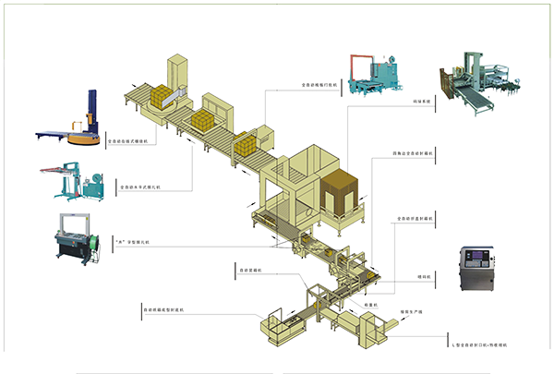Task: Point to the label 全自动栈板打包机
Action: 320,84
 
